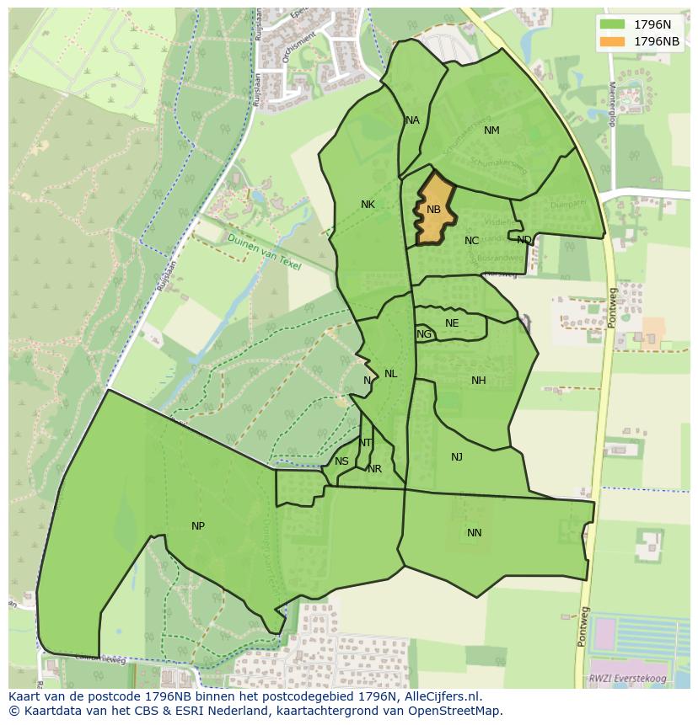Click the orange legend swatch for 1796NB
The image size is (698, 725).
coord(613,41)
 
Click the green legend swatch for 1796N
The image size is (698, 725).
coord(613,24)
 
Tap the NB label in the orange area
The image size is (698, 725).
coord(433,210)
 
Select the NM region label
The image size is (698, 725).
coord(491,131)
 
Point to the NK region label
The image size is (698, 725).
coord(368,205)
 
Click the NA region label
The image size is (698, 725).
coord(412,120)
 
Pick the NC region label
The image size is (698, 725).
coord(471,241)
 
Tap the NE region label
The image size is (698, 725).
coord(452,323)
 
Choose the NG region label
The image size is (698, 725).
coord(424,334)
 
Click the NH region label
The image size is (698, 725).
coord(478,381)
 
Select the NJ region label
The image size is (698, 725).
coord(457,457)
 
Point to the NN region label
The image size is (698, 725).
coord(475,533)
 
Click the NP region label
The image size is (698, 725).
coord(198,526)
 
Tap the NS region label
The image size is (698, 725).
coord(341,461)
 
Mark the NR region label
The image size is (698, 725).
coord(374,469)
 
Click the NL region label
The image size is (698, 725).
coord(390,374)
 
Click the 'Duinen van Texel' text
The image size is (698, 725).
coord(264,251)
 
